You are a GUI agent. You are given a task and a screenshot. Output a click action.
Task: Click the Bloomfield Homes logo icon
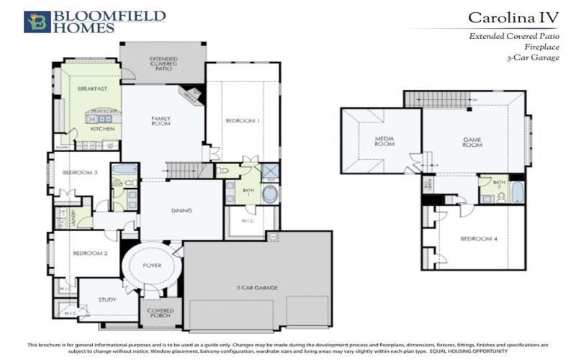(37, 22)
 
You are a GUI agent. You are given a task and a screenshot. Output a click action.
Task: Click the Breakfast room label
(92, 89)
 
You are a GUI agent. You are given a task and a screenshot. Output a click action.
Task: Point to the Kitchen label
(102, 129)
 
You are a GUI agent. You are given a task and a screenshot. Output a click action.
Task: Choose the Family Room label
(160, 121)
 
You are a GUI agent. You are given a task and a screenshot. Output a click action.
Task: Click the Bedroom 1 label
(242, 121)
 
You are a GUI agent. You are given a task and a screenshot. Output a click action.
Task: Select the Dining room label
(181, 212)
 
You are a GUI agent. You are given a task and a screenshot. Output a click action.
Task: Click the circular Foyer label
(151, 266)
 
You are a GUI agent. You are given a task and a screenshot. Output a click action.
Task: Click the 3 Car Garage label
(257, 288)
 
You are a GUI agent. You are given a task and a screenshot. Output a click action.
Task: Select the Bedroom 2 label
(89, 253)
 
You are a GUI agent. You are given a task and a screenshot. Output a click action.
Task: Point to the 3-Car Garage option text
(533, 57)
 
